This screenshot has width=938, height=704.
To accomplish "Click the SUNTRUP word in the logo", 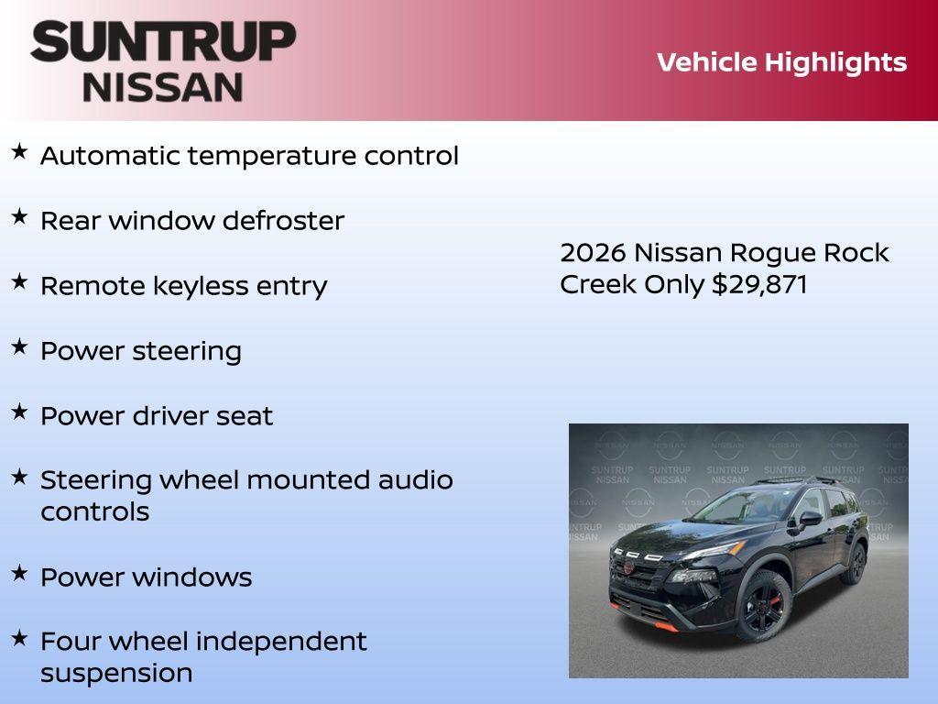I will click(163, 42).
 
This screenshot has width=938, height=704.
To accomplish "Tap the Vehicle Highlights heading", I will click(781, 62).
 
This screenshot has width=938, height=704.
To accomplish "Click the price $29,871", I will click(759, 284).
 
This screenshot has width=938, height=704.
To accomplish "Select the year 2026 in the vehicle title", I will click(593, 253).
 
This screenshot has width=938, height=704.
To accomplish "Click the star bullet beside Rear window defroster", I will click(19, 217).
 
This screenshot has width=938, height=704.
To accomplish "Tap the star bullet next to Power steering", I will click(19, 347).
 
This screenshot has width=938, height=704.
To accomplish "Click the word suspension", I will click(116, 673).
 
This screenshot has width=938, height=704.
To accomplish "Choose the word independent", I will click(281, 642).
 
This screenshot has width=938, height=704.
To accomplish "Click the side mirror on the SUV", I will click(809, 520).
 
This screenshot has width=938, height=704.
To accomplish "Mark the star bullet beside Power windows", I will click(19, 574).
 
